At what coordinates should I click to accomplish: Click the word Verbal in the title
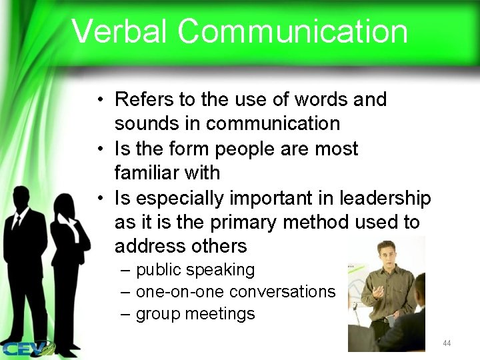(119, 32)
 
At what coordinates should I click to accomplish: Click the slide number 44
(447, 343)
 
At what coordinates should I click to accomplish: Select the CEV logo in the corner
(27, 347)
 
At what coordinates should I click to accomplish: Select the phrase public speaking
(195, 270)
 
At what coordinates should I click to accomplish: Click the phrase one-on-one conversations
(235, 291)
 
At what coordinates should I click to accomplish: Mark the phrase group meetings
(195, 313)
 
